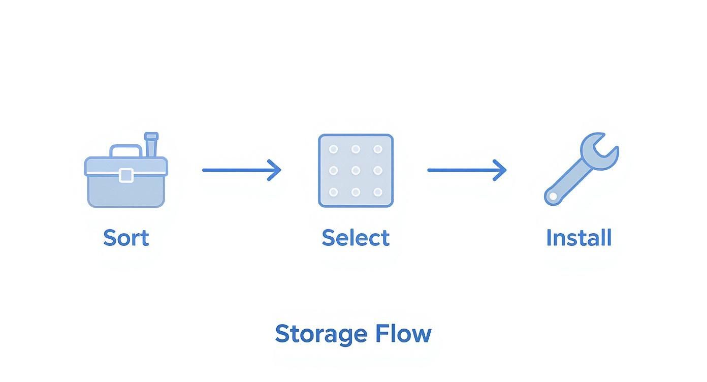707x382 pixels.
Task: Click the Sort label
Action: click(126, 238)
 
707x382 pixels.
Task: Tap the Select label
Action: click(356, 238)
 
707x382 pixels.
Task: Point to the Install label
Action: click(579, 238)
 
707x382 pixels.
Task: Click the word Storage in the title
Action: click(320, 334)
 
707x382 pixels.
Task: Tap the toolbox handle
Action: click(126, 149)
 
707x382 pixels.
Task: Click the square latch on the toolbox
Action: click(126, 175)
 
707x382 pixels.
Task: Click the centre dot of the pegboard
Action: click(356, 171)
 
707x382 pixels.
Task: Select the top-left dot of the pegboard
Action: click(334, 149)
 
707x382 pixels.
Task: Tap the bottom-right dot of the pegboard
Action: click(377, 192)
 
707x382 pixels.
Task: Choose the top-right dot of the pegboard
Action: click(377, 149)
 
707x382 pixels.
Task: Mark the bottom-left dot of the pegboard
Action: click(334, 192)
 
